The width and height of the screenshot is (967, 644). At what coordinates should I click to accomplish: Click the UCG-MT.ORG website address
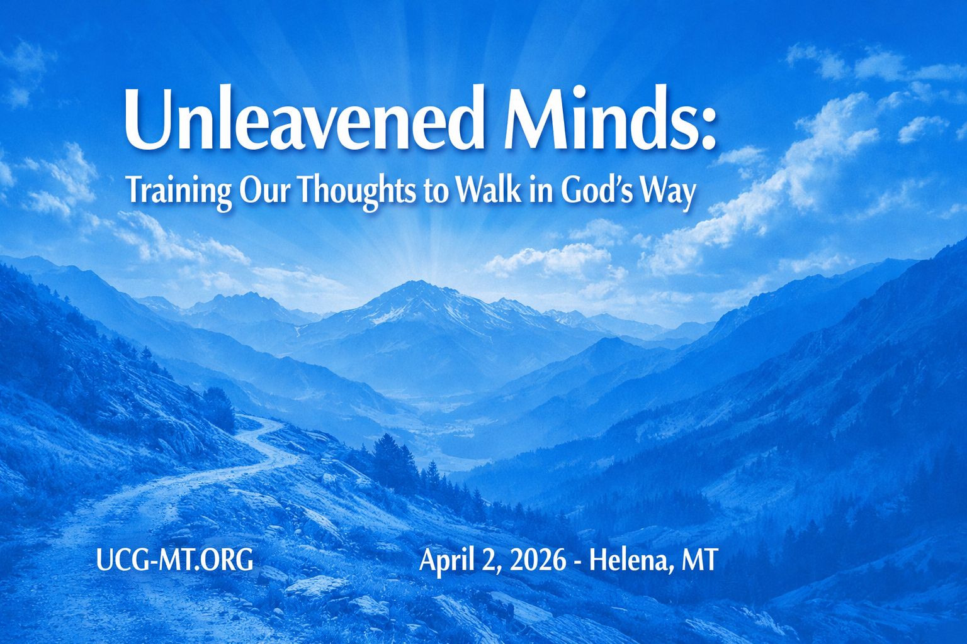(174, 560)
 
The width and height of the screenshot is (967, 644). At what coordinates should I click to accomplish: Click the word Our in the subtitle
(264, 192)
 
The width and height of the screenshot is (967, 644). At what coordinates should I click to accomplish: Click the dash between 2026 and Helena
(577, 562)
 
